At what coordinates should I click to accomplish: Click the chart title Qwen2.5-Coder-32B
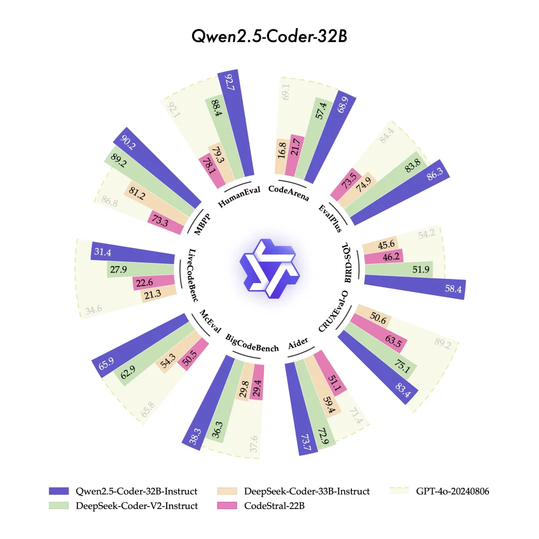click(x=269, y=36)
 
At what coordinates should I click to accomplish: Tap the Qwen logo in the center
click(x=269, y=269)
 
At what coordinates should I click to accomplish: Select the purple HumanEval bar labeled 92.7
click(x=236, y=123)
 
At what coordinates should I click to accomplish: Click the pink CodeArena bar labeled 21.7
click(x=295, y=155)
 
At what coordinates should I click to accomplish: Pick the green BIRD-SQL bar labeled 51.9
click(x=399, y=269)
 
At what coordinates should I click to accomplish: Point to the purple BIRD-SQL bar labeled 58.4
click(x=415, y=287)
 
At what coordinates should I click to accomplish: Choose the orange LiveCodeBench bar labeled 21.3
click(x=159, y=294)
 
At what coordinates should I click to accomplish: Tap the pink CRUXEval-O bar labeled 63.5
click(x=378, y=333)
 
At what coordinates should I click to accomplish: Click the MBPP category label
click(x=202, y=224)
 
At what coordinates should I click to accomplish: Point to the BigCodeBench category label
click(x=252, y=343)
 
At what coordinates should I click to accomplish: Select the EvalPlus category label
click(x=330, y=218)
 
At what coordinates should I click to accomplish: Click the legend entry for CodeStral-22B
click(x=261, y=506)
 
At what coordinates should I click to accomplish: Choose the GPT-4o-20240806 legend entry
click(x=440, y=491)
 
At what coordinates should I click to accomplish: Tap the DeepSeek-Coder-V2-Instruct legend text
click(x=137, y=506)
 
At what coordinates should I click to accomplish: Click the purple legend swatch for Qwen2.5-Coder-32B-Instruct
click(x=59, y=491)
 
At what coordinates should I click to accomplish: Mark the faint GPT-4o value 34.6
click(x=93, y=310)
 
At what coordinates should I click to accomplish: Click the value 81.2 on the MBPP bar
click(x=137, y=193)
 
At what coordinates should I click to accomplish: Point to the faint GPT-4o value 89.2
click(x=442, y=343)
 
